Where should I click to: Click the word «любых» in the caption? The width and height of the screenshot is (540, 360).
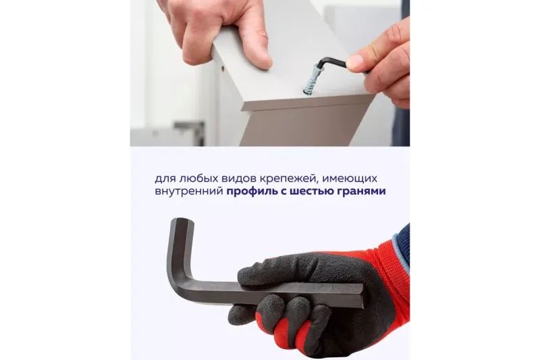click(194, 179)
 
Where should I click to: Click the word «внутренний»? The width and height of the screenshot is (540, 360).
click(189, 192)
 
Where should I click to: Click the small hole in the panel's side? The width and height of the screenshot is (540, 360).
click(223, 69)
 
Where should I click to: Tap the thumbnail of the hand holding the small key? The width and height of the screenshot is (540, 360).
click(354, 62)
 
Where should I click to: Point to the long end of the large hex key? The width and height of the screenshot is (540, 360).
click(358, 297)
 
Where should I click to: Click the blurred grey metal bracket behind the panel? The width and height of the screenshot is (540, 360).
click(189, 132)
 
